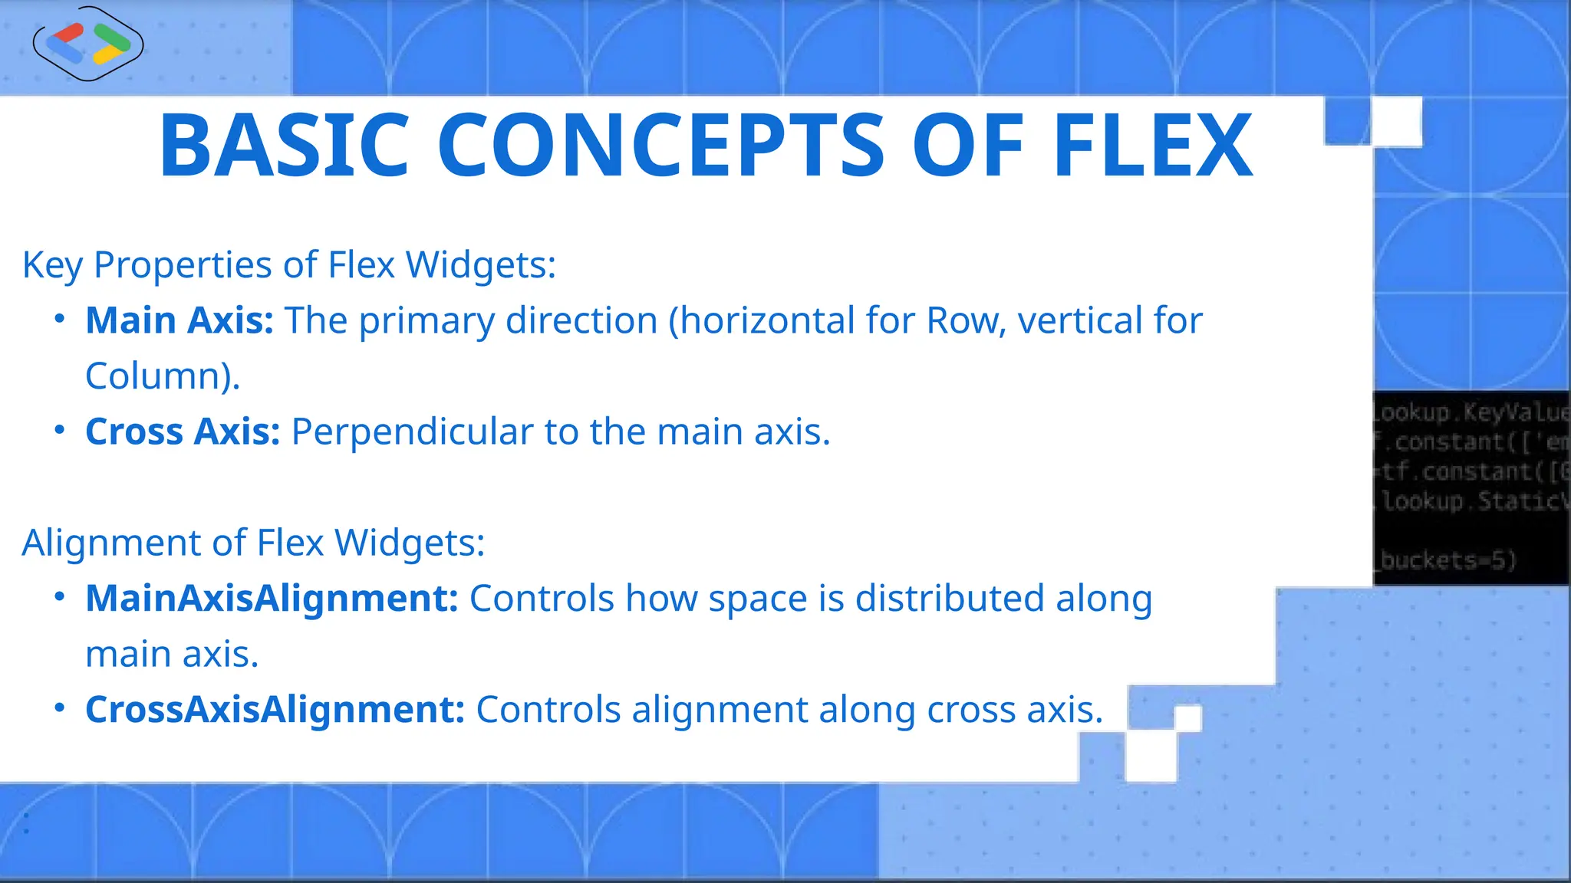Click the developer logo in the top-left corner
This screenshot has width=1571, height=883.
pyautogui.click(x=88, y=44)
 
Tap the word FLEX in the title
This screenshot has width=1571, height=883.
pyautogui.click(x=1153, y=146)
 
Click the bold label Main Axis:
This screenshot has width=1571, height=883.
pyautogui.click(x=179, y=320)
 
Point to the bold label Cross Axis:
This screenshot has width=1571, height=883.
pyautogui.click(x=183, y=432)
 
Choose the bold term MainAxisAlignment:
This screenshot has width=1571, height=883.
pyautogui.click(x=272, y=599)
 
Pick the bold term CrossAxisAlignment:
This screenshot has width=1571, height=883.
pyautogui.click(x=275, y=710)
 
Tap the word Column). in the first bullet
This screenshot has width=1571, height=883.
pyautogui.click(x=163, y=376)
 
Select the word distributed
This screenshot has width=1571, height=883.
pyautogui.click(x=950, y=599)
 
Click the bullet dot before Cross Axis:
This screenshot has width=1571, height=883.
pyautogui.click(x=60, y=430)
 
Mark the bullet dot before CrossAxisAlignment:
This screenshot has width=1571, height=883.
pyautogui.click(x=60, y=708)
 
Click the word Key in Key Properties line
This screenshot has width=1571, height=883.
pyautogui.click(x=52, y=266)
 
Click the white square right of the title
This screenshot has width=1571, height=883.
pyautogui.click(x=1398, y=121)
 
